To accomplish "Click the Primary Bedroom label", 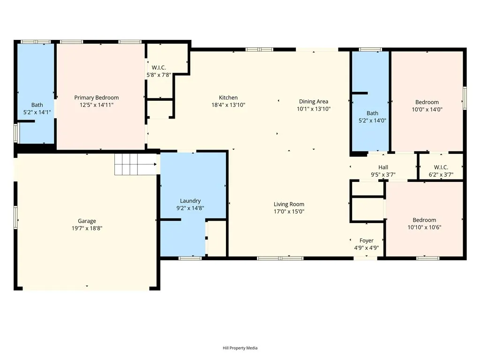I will point(97,97).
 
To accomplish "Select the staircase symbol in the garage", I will point(135,164).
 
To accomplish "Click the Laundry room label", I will point(190,201).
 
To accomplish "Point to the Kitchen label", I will point(228,97).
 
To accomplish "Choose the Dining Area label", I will point(314,101).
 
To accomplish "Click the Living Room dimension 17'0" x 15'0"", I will point(289,211).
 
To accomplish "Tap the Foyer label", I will point(367,240).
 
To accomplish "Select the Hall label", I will point(383,167).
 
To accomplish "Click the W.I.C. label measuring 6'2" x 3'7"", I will point(441,167).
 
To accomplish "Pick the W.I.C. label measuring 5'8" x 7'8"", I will point(159,67).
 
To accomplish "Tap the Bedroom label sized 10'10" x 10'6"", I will point(424,220).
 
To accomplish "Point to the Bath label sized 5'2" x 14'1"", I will point(37,105).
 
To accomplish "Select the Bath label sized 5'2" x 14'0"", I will point(372,113).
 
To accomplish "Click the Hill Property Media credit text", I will point(240,348).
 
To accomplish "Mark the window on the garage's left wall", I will point(15,217).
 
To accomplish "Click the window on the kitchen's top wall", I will point(260,49).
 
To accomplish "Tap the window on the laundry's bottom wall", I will point(190,258).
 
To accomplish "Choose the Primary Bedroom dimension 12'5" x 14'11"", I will point(97,105).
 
